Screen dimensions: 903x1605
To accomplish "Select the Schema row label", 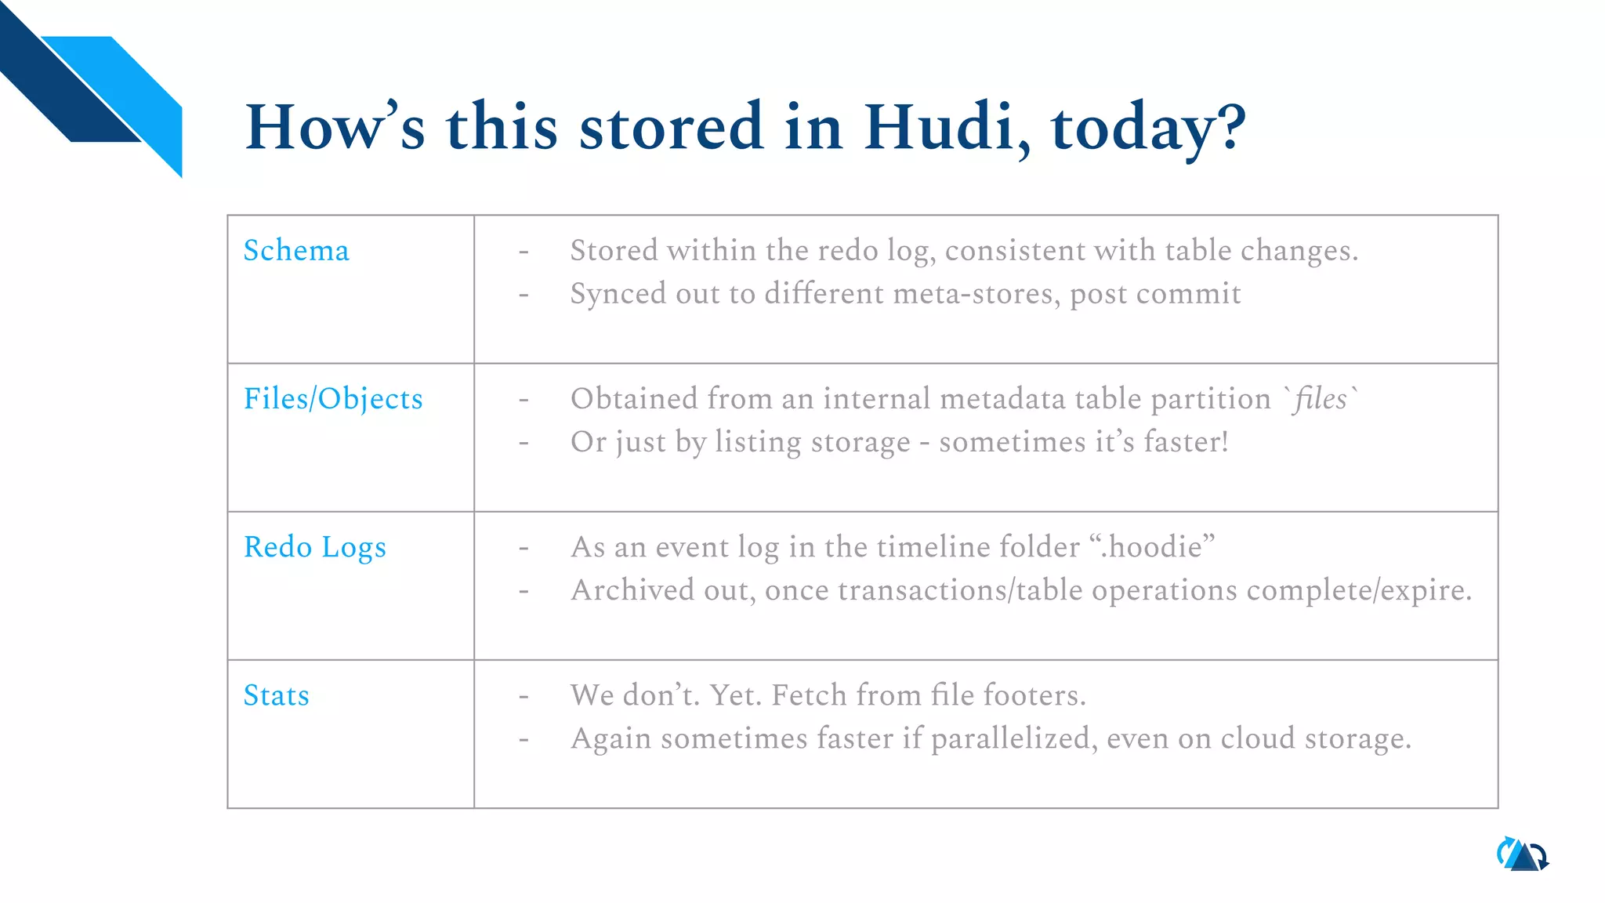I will pyautogui.click(x=296, y=251).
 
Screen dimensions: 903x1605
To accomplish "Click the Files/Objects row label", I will pyautogui.click(x=333, y=399).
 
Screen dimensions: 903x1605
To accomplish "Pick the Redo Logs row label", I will pyautogui.click(x=314, y=547).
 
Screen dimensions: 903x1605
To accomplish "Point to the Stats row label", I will pyautogui.click(x=276, y=695).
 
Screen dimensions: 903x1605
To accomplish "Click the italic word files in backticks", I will pyautogui.click(x=1321, y=399).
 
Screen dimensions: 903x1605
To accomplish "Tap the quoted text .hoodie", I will pyautogui.click(x=1152, y=547).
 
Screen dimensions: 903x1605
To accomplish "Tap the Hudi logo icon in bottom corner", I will pyautogui.click(x=1523, y=854).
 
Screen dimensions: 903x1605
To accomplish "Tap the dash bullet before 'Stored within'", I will pyautogui.click(x=524, y=252).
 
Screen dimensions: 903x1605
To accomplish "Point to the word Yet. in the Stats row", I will pyautogui.click(x=735, y=695).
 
